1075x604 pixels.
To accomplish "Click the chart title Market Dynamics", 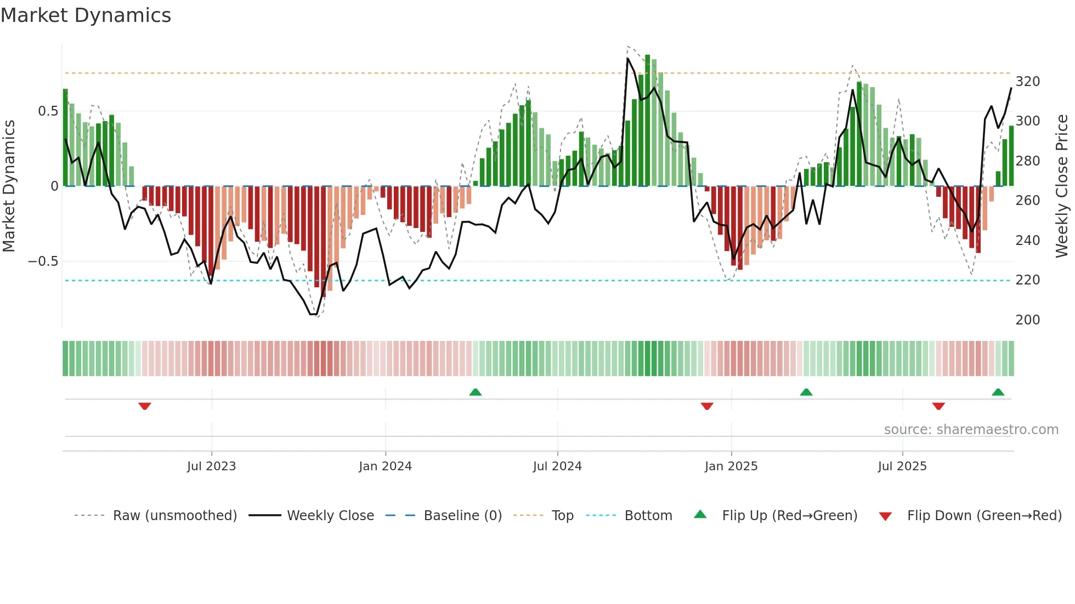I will [x=86, y=15].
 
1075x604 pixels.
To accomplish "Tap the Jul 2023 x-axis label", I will [x=211, y=466].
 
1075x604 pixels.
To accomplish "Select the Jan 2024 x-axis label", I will [x=385, y=466].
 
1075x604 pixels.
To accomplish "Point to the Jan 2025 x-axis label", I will [x=731, y=466].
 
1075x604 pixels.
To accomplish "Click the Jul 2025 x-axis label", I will [x=902, y=466].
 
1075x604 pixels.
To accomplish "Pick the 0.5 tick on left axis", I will [x=48, y=111].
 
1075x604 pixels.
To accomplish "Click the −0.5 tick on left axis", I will [x=43, y=261].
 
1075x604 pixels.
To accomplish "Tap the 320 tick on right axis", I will [x=1027, y=82].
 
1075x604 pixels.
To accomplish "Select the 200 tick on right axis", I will [x=1027, y=320].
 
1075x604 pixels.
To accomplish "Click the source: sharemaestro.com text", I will [x=971, y=430].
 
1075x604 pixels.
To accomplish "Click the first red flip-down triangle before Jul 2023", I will [x=145, y=406].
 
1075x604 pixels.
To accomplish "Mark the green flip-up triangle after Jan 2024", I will [x=476, y=392].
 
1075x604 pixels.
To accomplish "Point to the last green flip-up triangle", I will [x=998, y=392].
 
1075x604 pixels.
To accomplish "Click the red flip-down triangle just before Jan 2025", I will [x=707, y=406].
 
